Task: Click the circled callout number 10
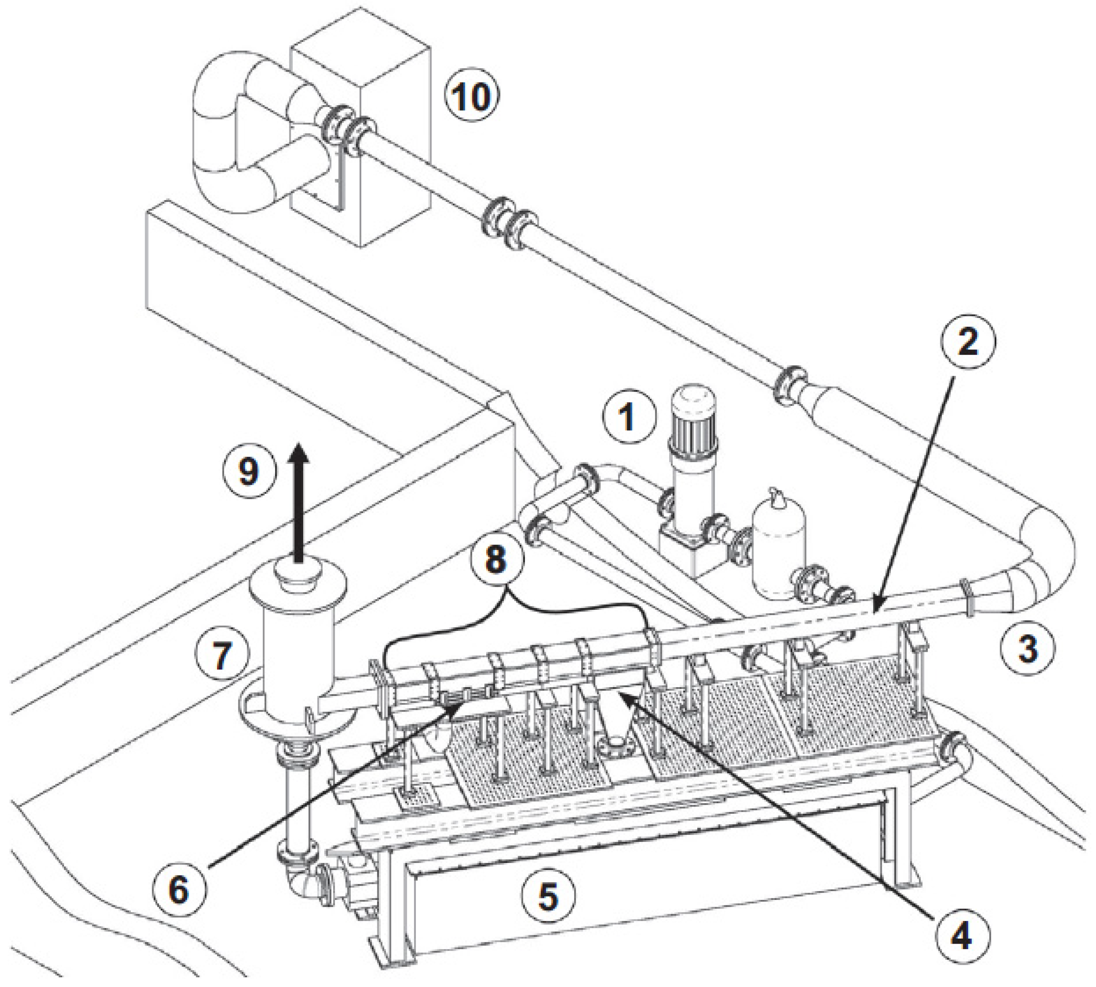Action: (471, 97)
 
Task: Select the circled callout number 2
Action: (967, 341)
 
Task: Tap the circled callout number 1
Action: (628, 418)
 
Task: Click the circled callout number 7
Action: (222, 655)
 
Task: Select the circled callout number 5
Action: (548, 896)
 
